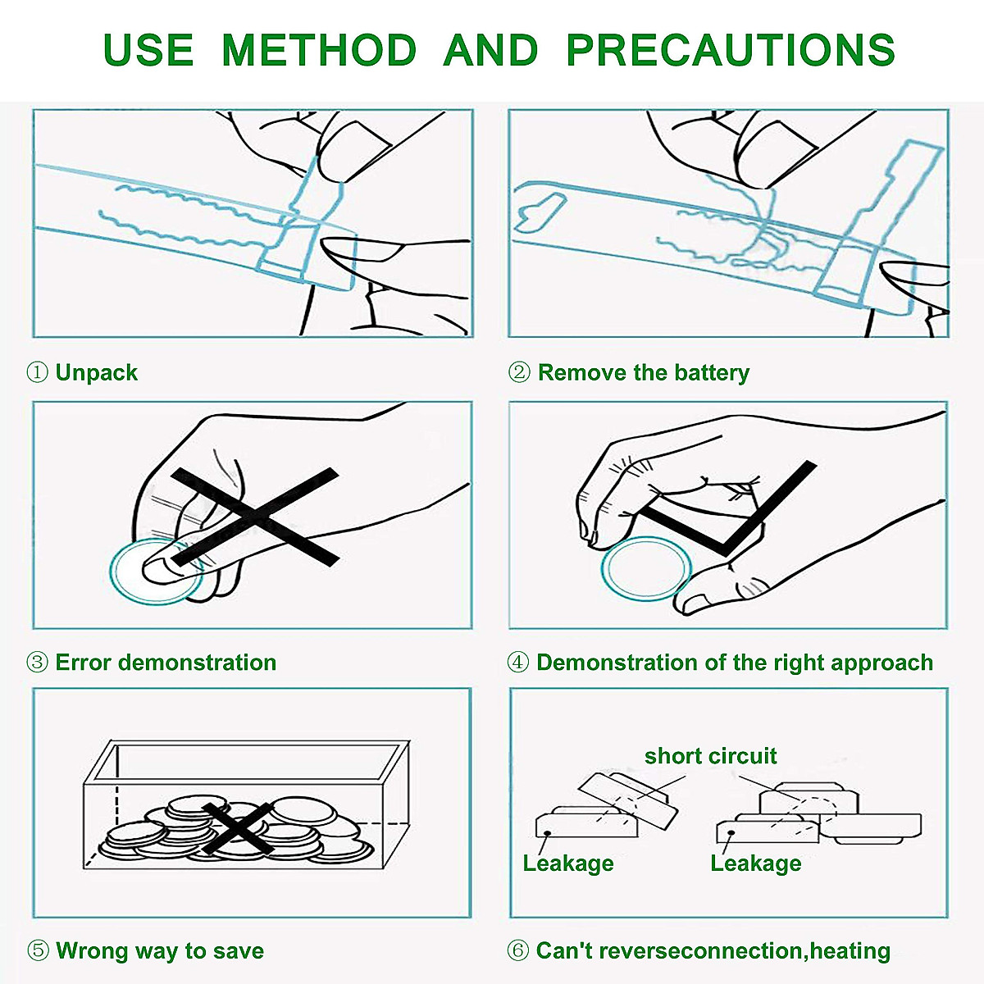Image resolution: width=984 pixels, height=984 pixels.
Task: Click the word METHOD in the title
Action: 320,49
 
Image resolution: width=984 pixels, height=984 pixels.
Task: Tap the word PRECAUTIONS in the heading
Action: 731,49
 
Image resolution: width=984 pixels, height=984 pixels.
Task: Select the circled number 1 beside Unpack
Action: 37,372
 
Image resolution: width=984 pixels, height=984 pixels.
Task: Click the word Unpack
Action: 97,373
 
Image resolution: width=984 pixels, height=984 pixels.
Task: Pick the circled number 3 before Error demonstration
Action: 37,663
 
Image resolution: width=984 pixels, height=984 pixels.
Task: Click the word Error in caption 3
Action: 84,663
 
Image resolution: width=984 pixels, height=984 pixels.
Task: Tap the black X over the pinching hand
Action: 255,517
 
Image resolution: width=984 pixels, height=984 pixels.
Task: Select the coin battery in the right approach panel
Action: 646,568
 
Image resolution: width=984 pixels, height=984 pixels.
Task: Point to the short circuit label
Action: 710,756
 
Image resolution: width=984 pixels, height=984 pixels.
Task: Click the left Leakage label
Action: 567,863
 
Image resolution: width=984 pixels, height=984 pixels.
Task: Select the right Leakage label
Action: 756,863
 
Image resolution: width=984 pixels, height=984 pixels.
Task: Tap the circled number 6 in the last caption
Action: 517,951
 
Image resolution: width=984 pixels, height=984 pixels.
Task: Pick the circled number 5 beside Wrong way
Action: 37,951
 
